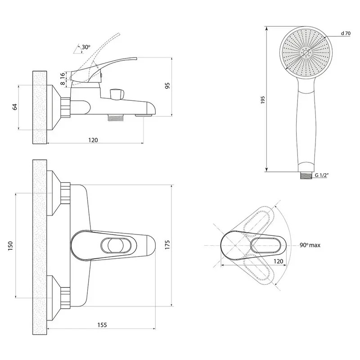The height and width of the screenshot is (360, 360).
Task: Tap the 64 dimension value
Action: tap(14, 107)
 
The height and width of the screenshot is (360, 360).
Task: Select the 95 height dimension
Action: tap(167, 86)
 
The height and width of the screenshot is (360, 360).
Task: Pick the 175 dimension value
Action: tap(168, 245)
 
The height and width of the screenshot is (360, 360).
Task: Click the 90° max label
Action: tap(310, 245)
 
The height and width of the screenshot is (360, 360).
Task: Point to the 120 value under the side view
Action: tap(93, 140)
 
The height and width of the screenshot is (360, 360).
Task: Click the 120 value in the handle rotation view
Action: tap(278, 261)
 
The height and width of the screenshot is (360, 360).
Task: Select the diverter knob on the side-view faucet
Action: tap(116, 94)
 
